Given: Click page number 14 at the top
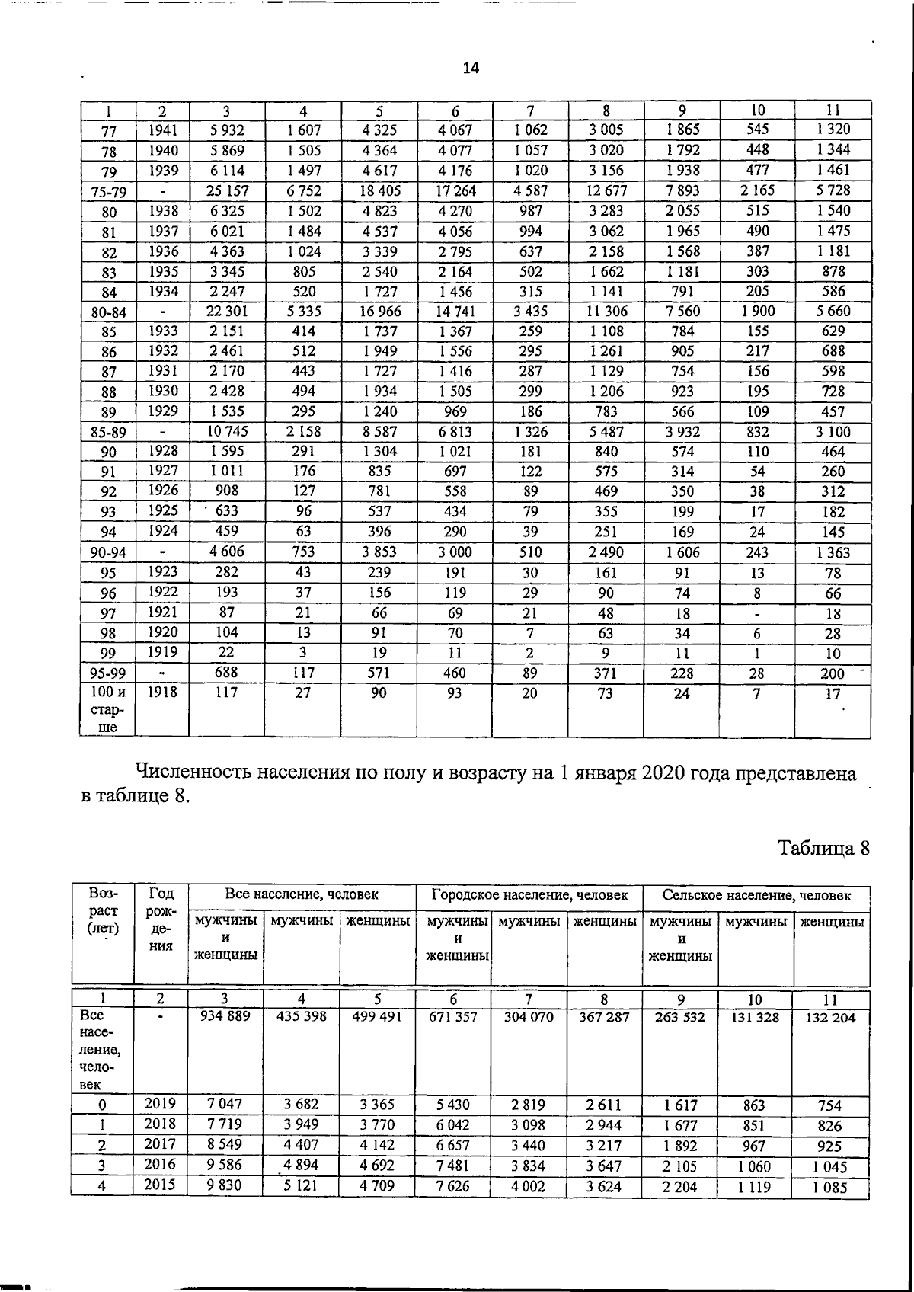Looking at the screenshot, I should click(x=471, y=69).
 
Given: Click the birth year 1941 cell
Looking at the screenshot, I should click(x=163, y=130).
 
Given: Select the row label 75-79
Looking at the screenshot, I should click(x=108, y=192).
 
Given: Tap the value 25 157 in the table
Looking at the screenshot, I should click(x=227, y=190).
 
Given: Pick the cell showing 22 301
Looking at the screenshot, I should click(x=227, y=311).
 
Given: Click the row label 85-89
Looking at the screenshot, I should click(x=108, y=433).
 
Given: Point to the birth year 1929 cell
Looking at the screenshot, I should click(x=163, y=411).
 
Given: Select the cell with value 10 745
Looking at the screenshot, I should click(x=227, y=431).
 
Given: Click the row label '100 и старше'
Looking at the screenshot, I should click(x=108, y=710).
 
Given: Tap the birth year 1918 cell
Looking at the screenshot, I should click(x=163, y=692).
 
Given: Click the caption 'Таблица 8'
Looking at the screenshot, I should click(x=823, y=848).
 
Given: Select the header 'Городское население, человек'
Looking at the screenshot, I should click(x=530, y=895).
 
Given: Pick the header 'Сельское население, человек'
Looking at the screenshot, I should click(x=756, y=896).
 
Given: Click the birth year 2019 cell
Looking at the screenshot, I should click(x=161, y=1104).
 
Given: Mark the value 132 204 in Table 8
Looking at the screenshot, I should click(x=830, y=1018).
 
